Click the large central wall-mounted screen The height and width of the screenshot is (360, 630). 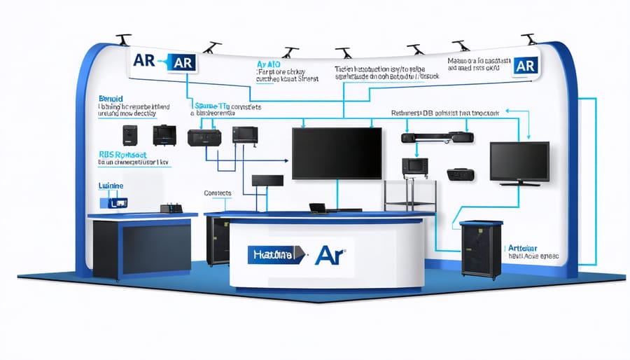[x=337, y=153]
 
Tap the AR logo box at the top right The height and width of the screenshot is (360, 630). [x=524, y=66]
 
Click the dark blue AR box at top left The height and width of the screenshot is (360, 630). [x=180, y=61]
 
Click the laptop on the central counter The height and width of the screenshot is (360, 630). [x=318, y=207]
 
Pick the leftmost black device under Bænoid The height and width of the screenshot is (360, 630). [x=130, y=134]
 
